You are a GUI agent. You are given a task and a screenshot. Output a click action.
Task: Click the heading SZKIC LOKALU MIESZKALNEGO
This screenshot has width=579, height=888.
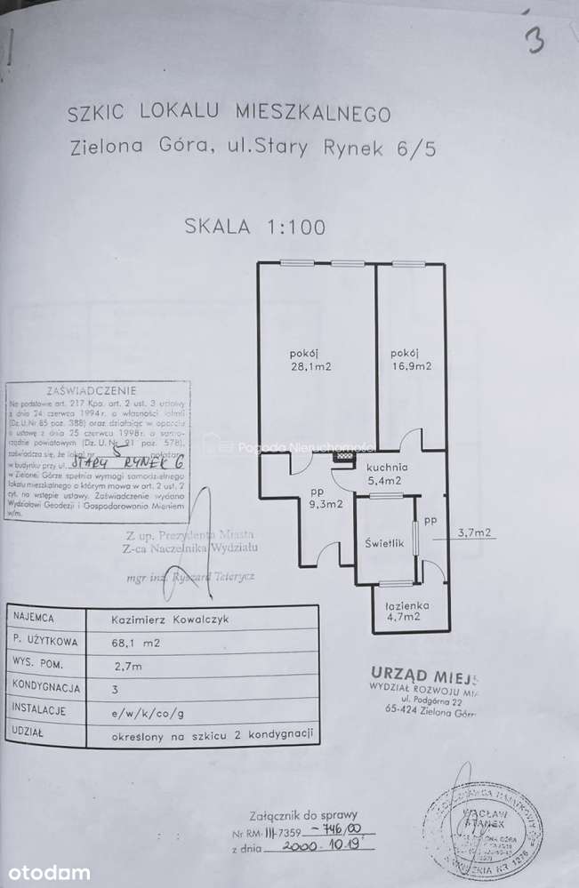(229, 114)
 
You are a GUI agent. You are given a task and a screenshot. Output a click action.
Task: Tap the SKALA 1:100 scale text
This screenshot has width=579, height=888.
(254, 226)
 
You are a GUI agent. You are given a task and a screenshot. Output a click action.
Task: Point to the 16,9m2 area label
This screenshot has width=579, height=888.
(411, 364)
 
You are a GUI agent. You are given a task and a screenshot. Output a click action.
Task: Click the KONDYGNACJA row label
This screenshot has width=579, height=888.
(45, 687)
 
